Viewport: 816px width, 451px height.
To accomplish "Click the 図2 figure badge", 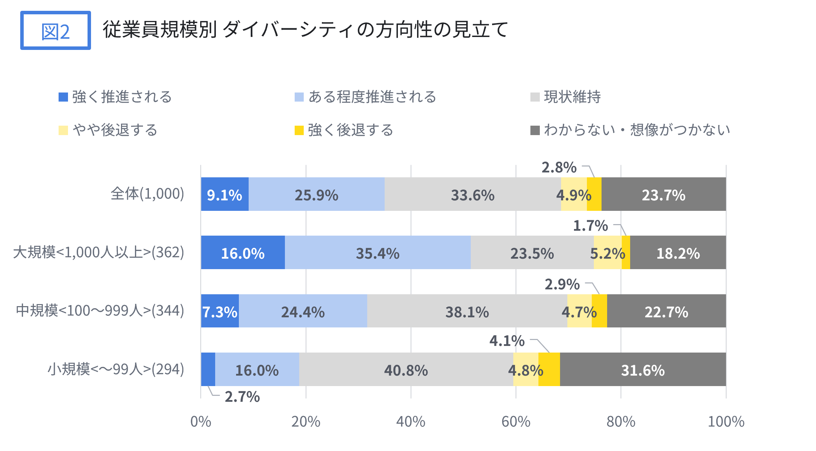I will (55, 31).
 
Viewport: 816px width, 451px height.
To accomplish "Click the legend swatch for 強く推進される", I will (63, 97).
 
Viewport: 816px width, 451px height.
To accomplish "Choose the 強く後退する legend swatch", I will (299, 130).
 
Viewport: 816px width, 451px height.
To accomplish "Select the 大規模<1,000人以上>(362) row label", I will (99, 252).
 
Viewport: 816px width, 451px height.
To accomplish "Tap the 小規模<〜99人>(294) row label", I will (116, 369).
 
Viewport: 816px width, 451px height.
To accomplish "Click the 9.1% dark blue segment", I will (225, 194).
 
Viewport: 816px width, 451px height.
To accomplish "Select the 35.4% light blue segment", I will (377, 252).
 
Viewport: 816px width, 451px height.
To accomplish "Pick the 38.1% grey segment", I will (467, 311).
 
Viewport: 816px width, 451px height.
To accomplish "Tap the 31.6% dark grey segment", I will (643, 369).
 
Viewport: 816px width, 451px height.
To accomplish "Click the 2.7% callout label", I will (242, 397).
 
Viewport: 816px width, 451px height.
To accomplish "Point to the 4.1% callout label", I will (507, 341).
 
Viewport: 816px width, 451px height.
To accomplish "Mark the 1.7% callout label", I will (590, 226).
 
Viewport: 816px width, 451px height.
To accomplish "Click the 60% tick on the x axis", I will (516, 422).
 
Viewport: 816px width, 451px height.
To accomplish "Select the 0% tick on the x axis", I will (201, 422).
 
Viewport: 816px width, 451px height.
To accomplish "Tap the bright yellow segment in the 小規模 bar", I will (549, 369).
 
